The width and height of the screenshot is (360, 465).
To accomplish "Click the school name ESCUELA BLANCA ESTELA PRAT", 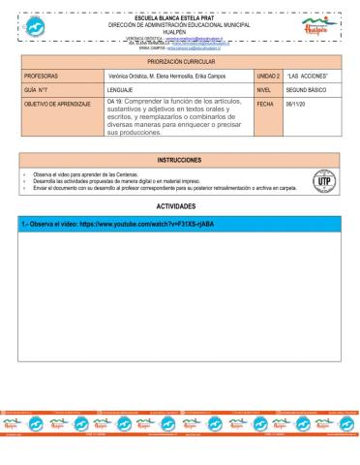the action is click(179, 17).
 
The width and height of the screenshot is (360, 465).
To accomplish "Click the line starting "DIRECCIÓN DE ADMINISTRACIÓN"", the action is click(179, 24).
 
